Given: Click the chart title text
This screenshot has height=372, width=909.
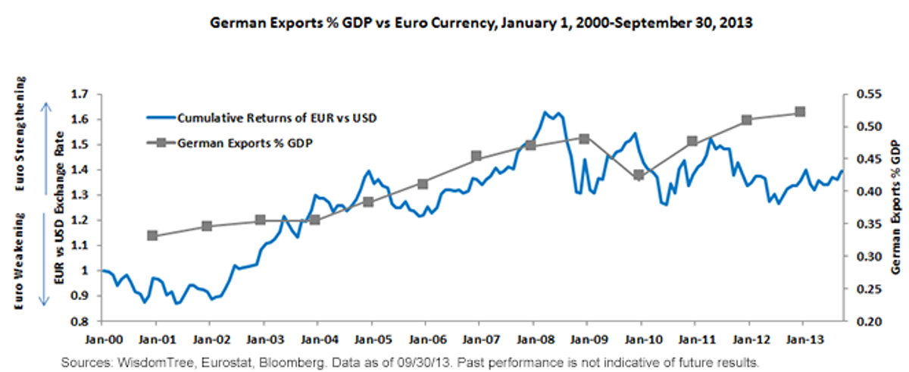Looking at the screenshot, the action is [481, 22].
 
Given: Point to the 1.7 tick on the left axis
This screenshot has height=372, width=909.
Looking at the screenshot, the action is [79, 95].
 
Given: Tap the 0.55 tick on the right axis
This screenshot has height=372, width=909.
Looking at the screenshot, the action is [870, 94].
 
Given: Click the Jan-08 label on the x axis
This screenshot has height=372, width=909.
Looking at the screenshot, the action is [536, 339].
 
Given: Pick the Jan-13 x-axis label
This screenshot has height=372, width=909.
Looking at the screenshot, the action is [805, 339].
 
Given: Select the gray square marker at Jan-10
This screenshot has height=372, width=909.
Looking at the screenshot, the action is [639, 175].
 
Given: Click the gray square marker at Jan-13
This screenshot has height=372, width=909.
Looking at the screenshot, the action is [800, 112].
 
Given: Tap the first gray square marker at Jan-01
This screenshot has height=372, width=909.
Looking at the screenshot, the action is [152, 236].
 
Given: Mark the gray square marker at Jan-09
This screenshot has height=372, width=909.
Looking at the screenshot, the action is [584, 139].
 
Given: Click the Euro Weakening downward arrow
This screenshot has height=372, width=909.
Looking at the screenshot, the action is [44, 260].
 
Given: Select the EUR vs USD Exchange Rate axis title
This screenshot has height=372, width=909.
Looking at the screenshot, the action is [60, 208].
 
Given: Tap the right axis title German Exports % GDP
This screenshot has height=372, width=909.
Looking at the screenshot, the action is [895, 207].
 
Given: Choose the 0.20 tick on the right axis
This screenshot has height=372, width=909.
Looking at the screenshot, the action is [870, 321].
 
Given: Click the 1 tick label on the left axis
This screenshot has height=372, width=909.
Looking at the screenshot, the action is [85, 270].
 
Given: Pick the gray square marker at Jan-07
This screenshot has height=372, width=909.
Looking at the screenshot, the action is [476, 156].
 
